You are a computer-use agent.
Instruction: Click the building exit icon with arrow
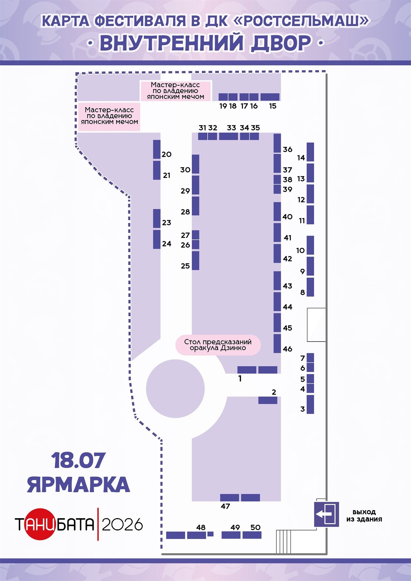[326, 514]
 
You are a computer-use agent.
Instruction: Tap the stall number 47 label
[225, 506]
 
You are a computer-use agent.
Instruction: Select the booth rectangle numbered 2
[268, 400]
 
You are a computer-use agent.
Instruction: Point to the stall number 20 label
[167, 154]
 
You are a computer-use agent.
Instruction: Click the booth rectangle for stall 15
[270, 97]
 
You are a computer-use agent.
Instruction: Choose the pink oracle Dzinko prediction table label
[218, 345]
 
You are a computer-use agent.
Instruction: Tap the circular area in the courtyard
[175, 389]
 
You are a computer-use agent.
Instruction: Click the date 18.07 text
[78, 460]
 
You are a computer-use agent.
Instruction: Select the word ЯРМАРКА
[78, 484]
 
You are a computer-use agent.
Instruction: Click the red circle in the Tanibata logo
[40, 524]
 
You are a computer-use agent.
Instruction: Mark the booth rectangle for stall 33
[229, 136]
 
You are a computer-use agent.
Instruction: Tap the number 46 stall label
[288, 349]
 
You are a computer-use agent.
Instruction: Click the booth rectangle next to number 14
[310, 152]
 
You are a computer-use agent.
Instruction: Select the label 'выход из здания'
[364, 515]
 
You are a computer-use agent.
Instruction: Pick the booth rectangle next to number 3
[310, 404]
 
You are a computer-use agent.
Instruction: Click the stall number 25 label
[185, 266]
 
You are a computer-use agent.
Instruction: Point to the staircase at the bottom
[284, 542]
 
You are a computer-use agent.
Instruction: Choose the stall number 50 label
[255, 527]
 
